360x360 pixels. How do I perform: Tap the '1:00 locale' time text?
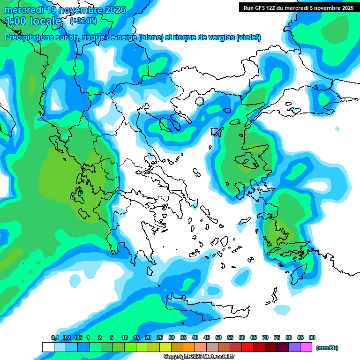(x=33, y=21)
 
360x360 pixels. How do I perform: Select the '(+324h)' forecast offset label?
(x=84, y=21)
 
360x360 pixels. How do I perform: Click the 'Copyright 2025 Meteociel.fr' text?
(x=199, y=357)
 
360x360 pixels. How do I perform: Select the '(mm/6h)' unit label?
(x=327, y=348)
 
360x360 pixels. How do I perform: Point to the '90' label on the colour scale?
(x=312, y=338)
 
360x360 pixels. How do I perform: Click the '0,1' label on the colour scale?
(x=54, y=338)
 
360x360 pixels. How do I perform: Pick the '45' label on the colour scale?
(x=207, y=338)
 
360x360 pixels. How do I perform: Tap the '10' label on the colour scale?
(x=125, y=338)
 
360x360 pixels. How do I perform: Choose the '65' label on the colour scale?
(x=254, y=338)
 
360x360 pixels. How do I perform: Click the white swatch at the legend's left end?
(x=48, y=347)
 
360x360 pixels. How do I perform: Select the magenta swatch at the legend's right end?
(x=306, y=347)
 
